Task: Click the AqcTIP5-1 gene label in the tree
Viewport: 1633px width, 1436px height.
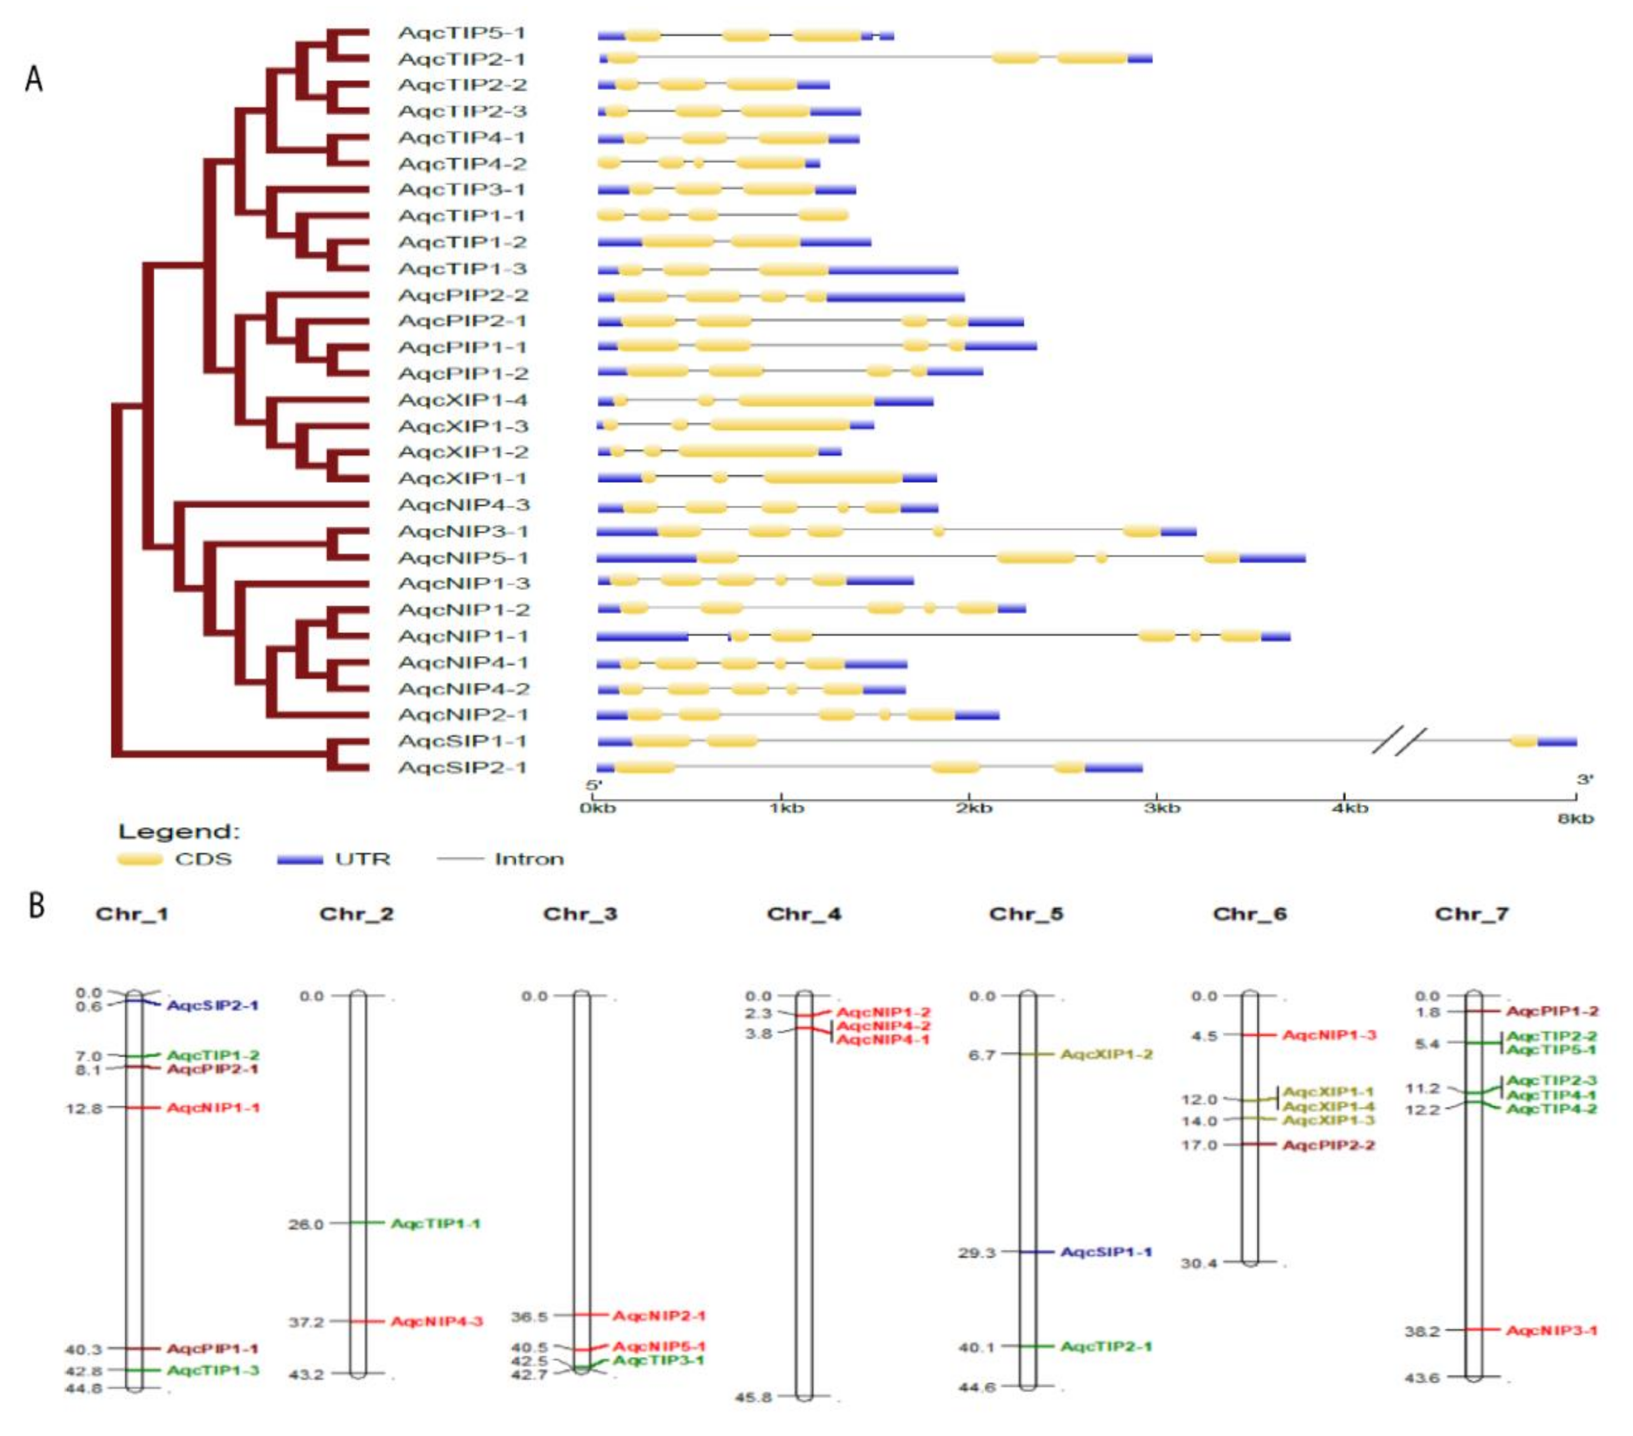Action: (461, 33)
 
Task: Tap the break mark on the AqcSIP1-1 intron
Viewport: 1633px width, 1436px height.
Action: (1399, 741)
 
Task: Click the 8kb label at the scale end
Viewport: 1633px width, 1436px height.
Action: (1576, 818)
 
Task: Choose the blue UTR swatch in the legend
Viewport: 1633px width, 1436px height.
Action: (300, 859)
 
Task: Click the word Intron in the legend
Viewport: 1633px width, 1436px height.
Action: (529, 859)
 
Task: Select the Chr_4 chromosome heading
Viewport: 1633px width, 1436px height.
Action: (804, 914)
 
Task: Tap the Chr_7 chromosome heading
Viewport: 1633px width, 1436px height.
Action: (1471, 914)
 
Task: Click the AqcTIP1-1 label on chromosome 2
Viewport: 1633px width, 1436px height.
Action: (435, 1224)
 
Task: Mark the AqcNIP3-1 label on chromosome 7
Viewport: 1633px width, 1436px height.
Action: (1552, 1330)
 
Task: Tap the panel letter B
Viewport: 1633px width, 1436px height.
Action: (37, 906)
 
